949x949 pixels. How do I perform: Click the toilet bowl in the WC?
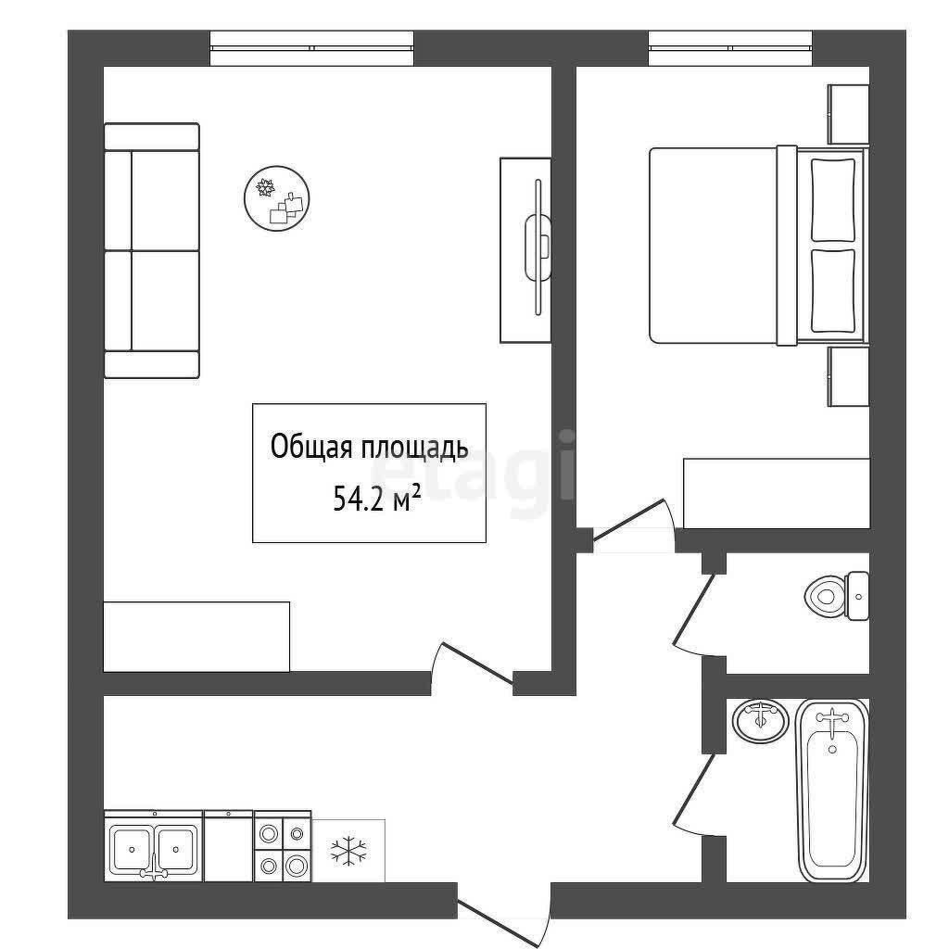826,596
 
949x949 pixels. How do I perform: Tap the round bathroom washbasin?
761,720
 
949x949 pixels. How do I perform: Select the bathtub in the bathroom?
833,791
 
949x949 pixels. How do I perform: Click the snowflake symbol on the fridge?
348,851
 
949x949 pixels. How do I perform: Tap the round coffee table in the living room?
278,197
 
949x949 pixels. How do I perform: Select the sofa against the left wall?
152,250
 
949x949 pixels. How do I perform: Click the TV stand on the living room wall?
525,250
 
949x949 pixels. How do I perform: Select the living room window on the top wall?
312,48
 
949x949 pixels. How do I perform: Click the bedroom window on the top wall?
730,48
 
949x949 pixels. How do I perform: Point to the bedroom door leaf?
629,519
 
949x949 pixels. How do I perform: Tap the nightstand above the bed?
849,114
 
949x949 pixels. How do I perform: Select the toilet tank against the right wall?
858,596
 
